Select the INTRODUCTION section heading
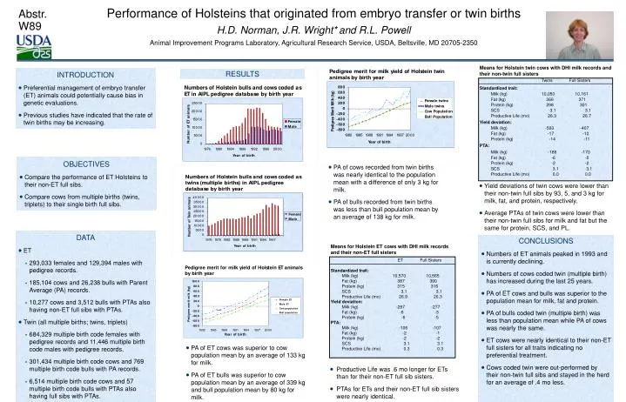[84, 76]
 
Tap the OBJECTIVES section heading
[84, 164]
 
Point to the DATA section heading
[85, 237]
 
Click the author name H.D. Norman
[226, 29]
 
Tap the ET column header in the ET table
[400, 260]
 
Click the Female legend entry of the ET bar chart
[293, 121]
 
